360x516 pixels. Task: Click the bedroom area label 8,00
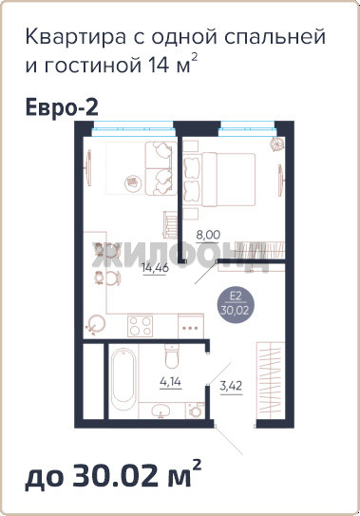208,235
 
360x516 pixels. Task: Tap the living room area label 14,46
155,267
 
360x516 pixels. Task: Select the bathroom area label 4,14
170,382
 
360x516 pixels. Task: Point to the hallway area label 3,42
231,385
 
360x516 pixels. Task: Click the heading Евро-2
62,107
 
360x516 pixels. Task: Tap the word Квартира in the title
75,37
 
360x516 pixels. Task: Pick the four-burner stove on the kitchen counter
141,326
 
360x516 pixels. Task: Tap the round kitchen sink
95,325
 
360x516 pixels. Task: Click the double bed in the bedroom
219,180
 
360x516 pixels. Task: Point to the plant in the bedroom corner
275,144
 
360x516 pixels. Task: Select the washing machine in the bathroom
195,411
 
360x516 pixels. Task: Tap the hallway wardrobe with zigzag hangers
271,380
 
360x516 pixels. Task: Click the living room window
133,128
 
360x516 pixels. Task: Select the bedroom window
247,128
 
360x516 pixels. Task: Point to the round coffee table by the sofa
132,182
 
